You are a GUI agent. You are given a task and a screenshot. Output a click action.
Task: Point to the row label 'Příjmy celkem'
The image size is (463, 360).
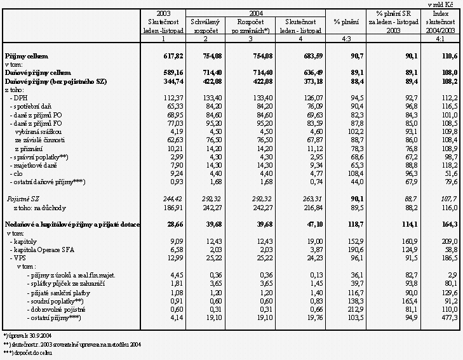26,57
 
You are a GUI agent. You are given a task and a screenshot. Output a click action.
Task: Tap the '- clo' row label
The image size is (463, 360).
17,172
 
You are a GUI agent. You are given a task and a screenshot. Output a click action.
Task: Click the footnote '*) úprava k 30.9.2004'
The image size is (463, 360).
29,335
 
